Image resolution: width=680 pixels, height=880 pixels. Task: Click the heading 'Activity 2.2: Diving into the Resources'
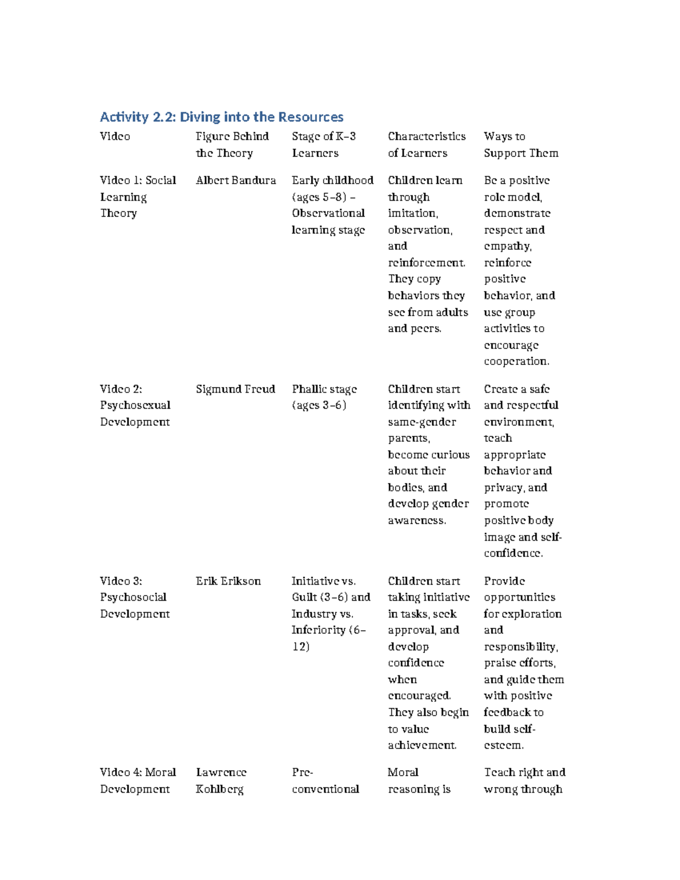tap(222, 117)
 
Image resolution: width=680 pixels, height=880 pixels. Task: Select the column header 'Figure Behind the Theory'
tap(232, 144)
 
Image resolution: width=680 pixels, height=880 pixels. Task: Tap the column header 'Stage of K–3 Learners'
tap(324, 144)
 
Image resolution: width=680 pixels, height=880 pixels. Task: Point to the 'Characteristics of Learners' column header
tap(426, 144)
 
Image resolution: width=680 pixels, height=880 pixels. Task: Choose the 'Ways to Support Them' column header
tap(521, 144)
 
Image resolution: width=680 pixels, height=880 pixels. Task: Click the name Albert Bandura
tap(236, 180)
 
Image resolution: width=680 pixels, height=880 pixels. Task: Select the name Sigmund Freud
tap(235, 389)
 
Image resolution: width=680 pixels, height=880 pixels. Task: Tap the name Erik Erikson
tap(228, 581)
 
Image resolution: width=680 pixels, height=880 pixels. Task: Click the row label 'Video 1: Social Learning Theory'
tap(138, 197)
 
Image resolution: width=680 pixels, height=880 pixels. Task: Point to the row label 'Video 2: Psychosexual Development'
tap(135, 405)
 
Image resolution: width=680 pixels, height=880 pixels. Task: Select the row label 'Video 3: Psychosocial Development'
tap(134, 597)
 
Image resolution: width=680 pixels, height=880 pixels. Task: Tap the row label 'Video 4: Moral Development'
tap(138, 780)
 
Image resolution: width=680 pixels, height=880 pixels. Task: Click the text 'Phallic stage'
tap(324, 389)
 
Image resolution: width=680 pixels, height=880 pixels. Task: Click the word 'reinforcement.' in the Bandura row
tap(427, 263)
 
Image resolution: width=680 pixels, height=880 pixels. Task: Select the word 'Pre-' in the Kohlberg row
tap(303, 772)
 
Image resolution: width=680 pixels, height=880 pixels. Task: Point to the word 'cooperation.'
tap(516, 362)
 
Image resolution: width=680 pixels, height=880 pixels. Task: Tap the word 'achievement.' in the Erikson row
tap(422, 745)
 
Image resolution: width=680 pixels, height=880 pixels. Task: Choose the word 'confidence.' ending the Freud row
tap(513, 553)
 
